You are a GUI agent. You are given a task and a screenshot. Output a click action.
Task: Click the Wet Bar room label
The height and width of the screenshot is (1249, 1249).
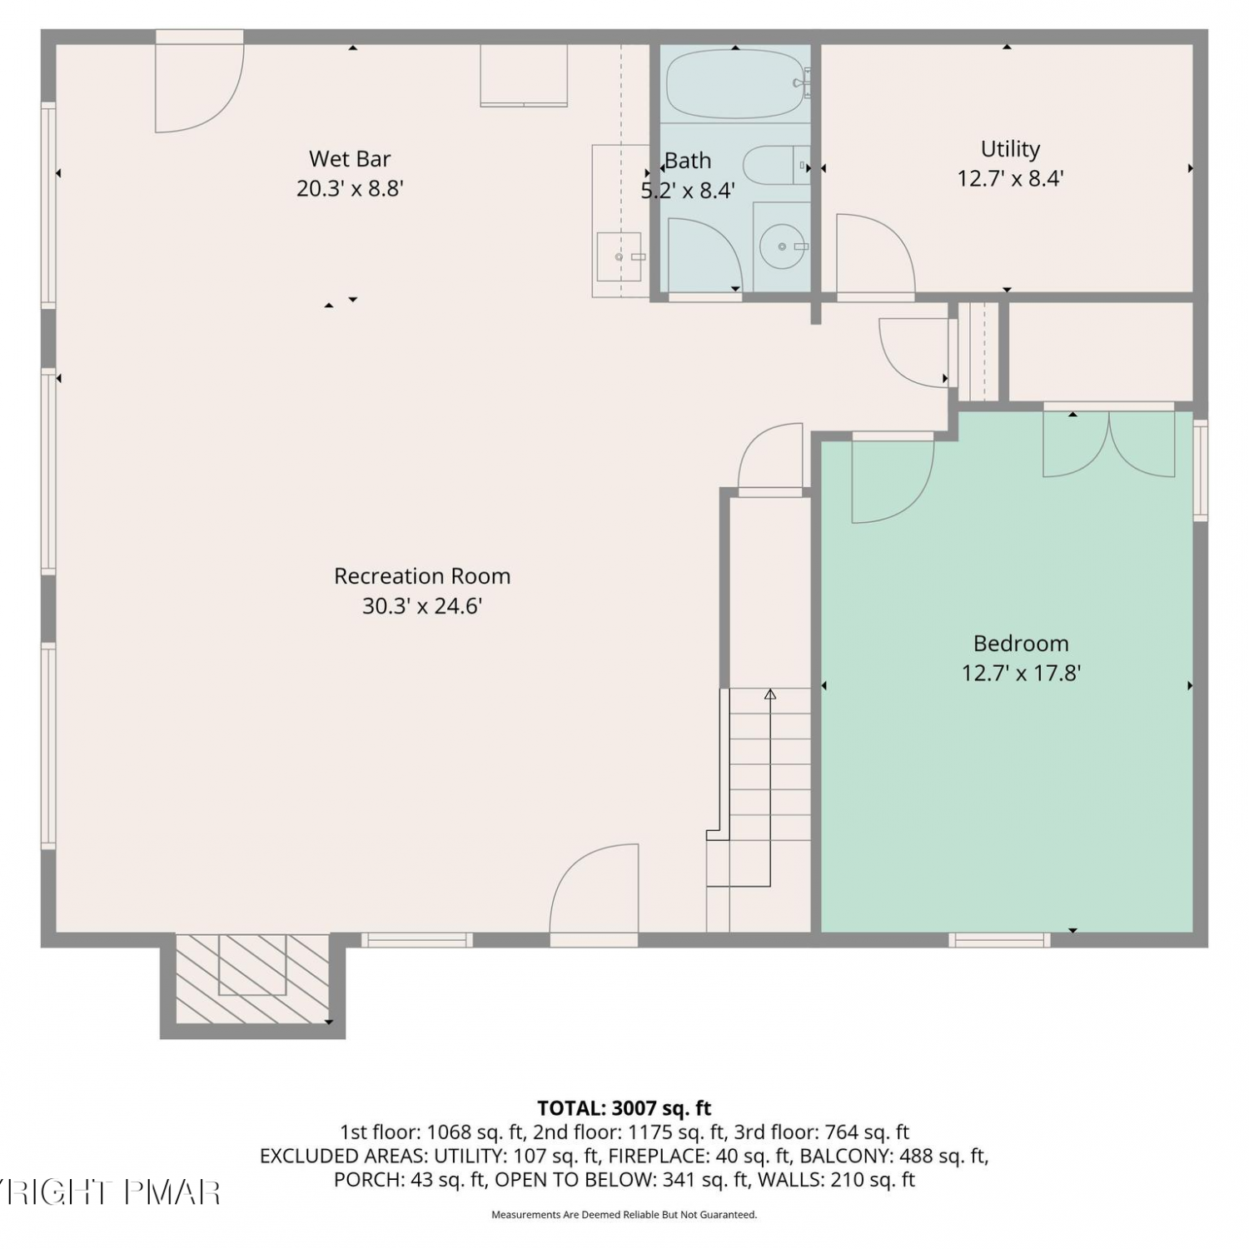coord(350,158)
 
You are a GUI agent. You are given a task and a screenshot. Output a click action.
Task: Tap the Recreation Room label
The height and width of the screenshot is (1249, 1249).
coord(422,575)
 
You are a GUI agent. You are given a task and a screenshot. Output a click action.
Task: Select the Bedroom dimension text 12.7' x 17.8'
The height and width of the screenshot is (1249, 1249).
coord(1021,673)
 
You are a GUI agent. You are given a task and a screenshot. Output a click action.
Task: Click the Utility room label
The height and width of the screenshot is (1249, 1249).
coord(1010,149)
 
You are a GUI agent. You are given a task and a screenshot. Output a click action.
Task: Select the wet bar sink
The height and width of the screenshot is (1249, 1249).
coord(619,257)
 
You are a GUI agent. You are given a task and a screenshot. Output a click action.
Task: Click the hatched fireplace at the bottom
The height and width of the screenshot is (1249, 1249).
coord(252,978)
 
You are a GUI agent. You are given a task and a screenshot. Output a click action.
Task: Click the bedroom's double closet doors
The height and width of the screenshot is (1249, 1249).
coord(1108,441)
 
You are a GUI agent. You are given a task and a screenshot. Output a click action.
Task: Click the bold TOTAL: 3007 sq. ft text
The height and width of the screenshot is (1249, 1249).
coord(624,1108)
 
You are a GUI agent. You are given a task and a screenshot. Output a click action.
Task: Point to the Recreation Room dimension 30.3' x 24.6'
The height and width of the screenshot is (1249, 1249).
coord(422,606)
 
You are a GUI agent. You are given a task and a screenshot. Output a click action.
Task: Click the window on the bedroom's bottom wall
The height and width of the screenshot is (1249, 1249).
coord(999,940)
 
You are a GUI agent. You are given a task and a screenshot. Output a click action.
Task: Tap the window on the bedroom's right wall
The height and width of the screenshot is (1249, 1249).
coord(1200,471)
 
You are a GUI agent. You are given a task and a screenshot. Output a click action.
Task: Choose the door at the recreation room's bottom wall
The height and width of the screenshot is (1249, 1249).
coord(594,895)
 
